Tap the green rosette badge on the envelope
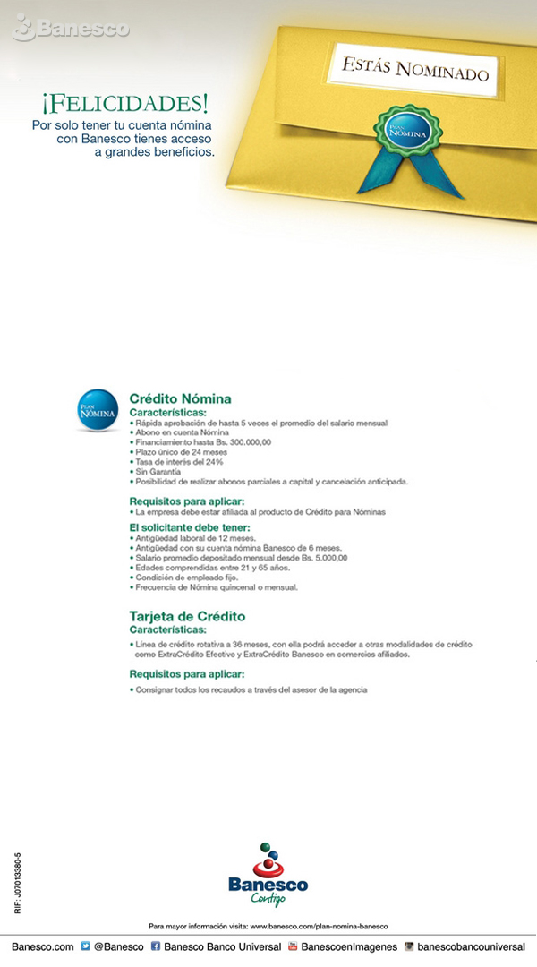tap(409, 129)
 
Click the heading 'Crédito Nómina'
tap(181, 398)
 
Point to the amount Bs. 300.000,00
tap(241, 442)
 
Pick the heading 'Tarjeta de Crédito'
tap(187, 616)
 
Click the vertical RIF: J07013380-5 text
tap(19, 883)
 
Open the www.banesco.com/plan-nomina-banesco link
tap(319, 926)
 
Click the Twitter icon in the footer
tap(85, 946)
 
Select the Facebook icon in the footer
tap(155, 946)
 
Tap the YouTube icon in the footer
tap(293, 946)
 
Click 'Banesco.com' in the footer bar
tap(42, 946)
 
